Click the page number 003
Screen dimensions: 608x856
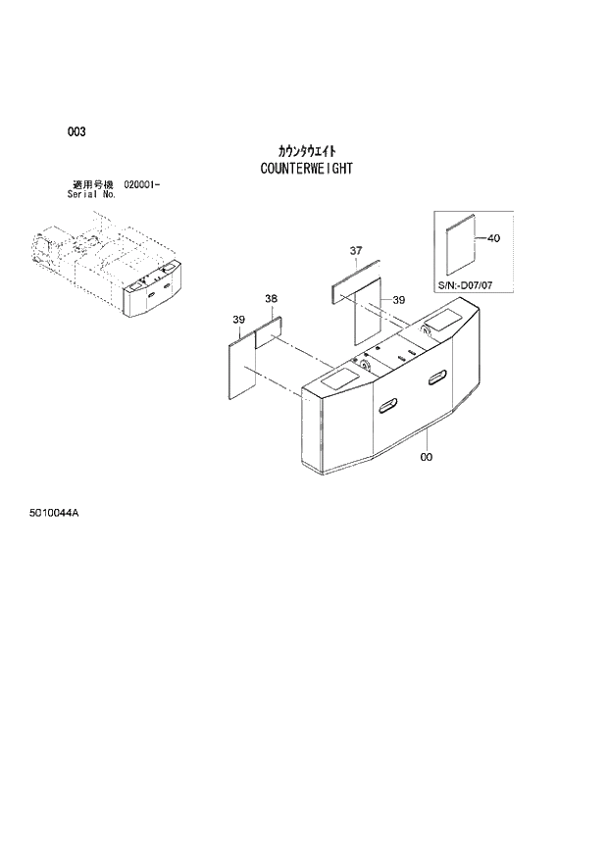tap(76, 132)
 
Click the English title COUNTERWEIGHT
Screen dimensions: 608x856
tap(306, 168)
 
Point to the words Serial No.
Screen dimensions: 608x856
tap(92, 194)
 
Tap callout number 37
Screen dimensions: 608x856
tap(356, 252)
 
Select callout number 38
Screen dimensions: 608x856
tap(271, 298)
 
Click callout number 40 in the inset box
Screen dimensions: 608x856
tap(492, 238)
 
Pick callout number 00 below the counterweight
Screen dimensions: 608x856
tap(426, 456)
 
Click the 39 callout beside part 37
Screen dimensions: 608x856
tap(399, 299)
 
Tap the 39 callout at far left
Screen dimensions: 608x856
tap(238, 320)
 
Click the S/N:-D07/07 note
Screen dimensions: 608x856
tap(470, 285)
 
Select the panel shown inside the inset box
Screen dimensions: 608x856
tap(458, 248)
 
